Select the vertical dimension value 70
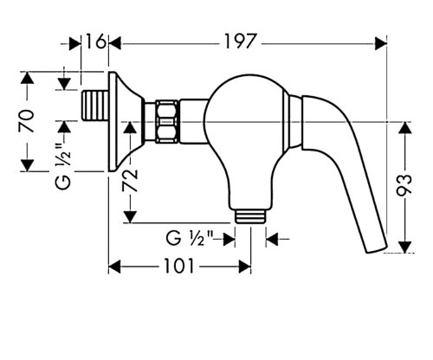point(28,120)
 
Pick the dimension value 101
point(178,267)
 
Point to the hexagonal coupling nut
point(170,121)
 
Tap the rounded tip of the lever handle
point(377,247)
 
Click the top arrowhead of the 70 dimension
point(28,78)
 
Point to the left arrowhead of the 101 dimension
point(113,267)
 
